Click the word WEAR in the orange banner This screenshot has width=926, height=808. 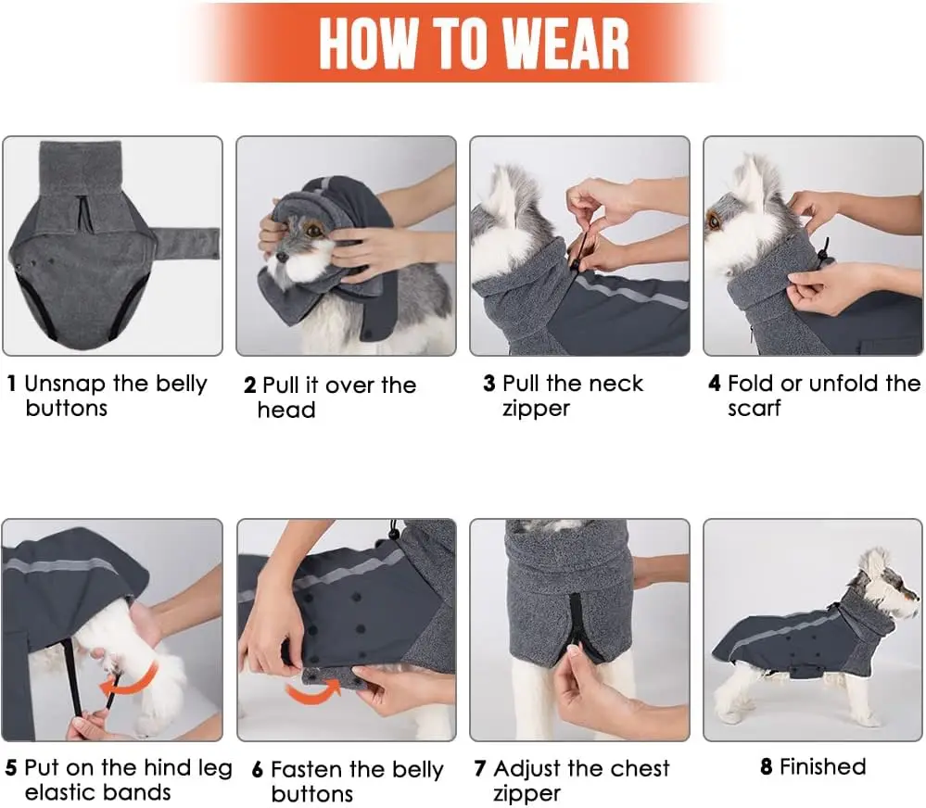(567, 44)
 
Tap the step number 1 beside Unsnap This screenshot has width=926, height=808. (11, 384)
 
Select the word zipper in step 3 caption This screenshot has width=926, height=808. (537, 409)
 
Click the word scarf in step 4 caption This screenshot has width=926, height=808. (755, 408)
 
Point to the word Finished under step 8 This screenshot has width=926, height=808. (823, 766)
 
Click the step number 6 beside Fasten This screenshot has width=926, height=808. (258, 770)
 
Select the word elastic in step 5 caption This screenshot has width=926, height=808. (61, 792)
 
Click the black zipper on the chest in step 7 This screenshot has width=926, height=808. (576, 628)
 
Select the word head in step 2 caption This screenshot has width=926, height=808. (286, 410)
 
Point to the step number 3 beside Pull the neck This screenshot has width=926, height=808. (489, 384)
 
